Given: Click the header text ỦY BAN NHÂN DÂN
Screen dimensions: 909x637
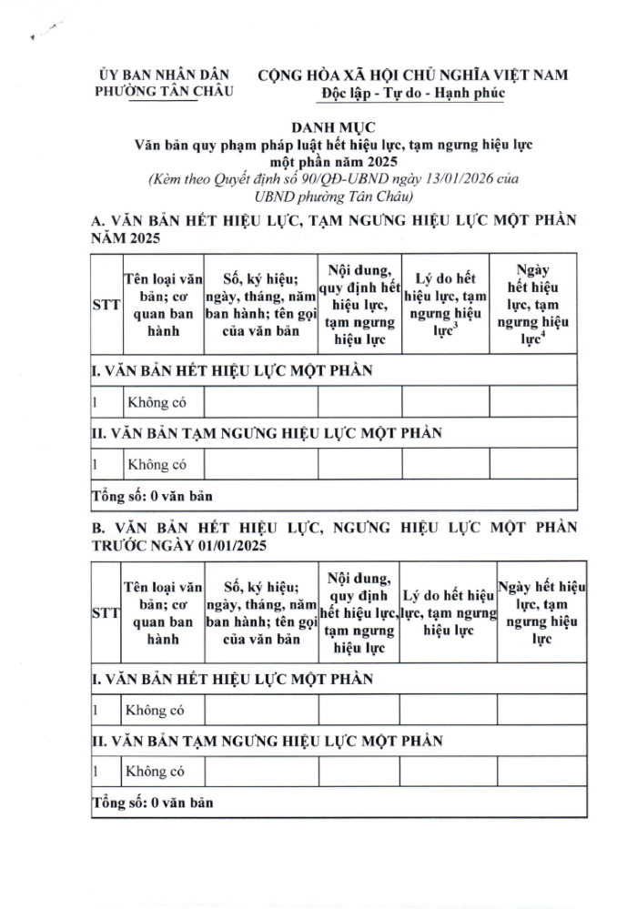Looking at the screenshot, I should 165,73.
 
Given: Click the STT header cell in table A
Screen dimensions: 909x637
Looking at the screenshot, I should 106,306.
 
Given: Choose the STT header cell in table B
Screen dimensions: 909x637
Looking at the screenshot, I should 106,615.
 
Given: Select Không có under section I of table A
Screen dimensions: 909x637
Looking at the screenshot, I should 157,403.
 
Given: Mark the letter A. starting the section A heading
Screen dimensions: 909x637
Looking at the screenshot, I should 99,221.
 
